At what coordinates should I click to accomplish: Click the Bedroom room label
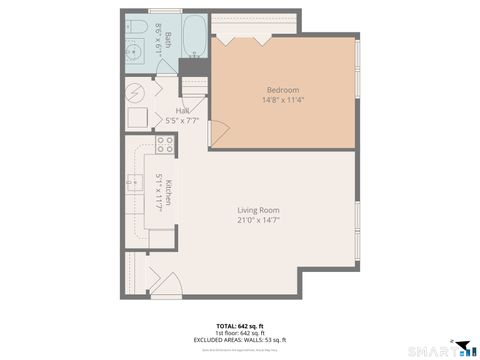282,90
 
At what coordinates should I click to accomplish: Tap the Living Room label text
258,210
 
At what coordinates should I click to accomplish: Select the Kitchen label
170,192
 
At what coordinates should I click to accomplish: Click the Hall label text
183,111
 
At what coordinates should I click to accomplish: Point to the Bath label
168,40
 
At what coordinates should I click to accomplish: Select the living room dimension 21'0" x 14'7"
258,220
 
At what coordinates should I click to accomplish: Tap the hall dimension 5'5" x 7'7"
183,120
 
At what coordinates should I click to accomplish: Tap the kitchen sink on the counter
134,185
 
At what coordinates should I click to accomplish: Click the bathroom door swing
166,67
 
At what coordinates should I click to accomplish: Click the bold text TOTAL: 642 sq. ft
240,326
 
